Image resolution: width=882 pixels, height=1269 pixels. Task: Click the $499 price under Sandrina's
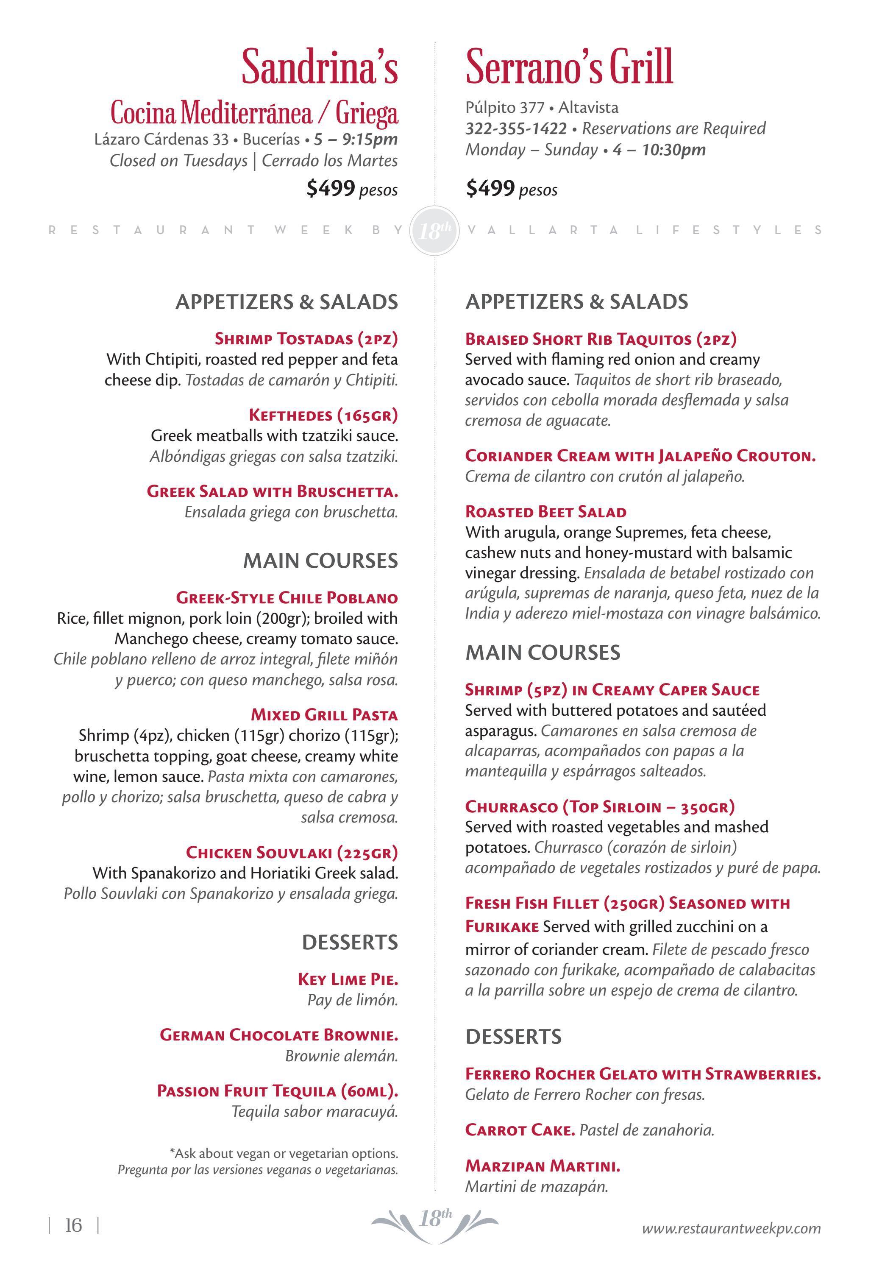(x=331, y=189)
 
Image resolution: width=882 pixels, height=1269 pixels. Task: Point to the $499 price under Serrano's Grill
(x=490, y=189)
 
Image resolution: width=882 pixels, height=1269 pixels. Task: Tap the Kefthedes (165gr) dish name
(x=323, y=415)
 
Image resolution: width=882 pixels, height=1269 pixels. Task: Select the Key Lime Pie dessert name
(x=348, y=979)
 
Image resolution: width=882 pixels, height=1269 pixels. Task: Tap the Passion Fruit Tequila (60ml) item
(x=278, y=1091)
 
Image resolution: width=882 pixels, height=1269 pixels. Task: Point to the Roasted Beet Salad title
(x=545, y=512)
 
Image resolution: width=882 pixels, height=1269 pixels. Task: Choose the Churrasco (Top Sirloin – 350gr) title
(x=600, y=806)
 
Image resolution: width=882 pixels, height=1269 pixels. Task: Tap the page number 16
(x=73, y=1225)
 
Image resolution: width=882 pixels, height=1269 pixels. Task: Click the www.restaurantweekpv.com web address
(x=731, y=1228)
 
